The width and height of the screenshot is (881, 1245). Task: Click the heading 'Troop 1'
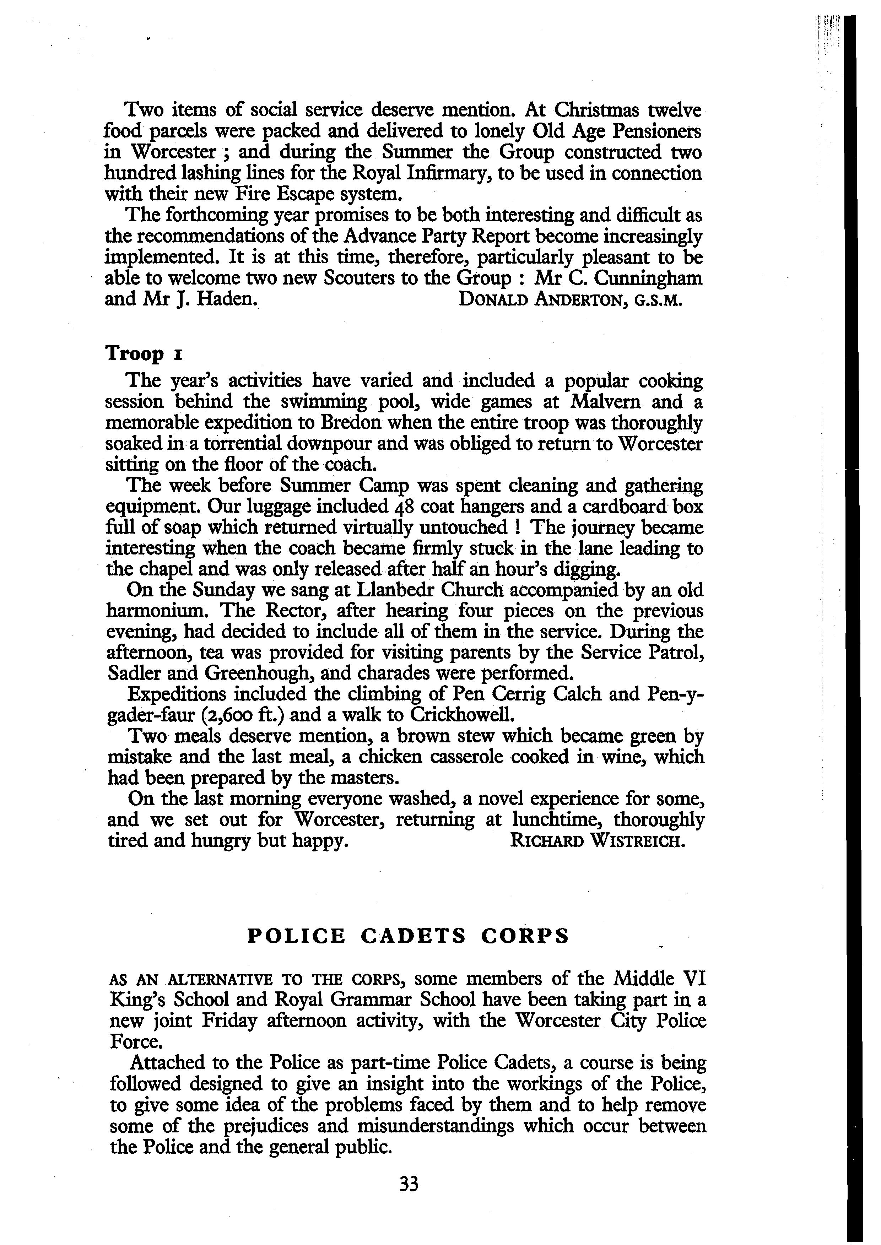[x=143, y=354]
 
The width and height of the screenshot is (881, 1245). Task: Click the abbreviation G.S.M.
[x=655, y=301]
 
